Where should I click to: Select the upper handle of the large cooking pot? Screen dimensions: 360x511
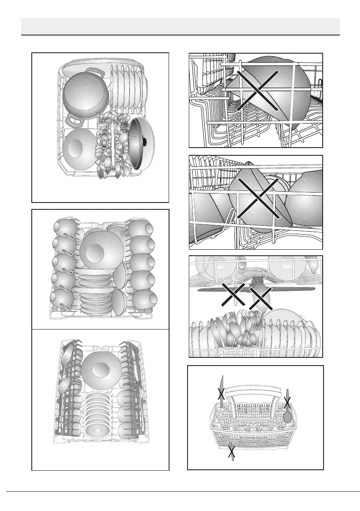pyautogui.click(x=97, y=73)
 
